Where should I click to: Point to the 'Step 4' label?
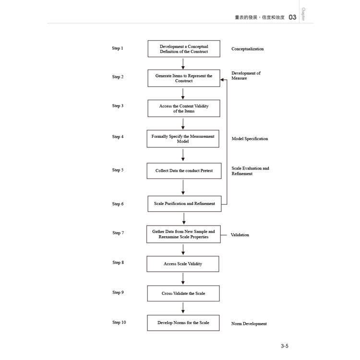(118, 137)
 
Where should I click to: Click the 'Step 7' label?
(118, 233)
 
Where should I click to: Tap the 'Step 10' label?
(119, 323)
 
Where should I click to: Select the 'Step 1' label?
(118, 48)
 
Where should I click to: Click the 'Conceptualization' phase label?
(248, 49)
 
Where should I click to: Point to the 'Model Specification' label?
(250, 139)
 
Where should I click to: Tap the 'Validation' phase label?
(240, 235)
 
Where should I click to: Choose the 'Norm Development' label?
(249, 324)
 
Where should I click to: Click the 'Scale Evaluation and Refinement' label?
(250, 171)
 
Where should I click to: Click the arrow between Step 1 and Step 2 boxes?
(183, 63)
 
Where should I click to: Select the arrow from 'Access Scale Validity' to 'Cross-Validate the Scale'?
(183, 279)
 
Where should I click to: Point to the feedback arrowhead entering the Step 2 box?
(222, 80)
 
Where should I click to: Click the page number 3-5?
(285, 346)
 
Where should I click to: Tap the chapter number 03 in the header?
(292, 17)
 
